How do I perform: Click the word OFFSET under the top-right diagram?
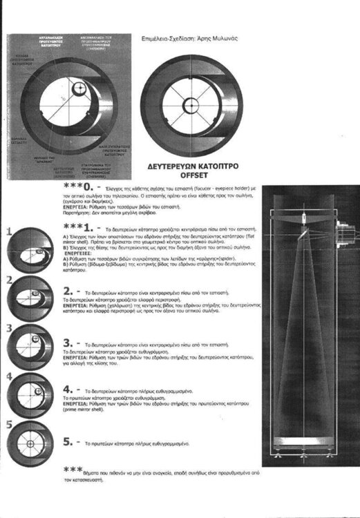184,175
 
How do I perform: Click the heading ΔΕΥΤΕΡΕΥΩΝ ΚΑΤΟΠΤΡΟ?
184,166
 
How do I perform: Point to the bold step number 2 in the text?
68,291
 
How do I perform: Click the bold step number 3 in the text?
68,342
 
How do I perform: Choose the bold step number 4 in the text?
68,390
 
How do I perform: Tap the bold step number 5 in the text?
68,439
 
